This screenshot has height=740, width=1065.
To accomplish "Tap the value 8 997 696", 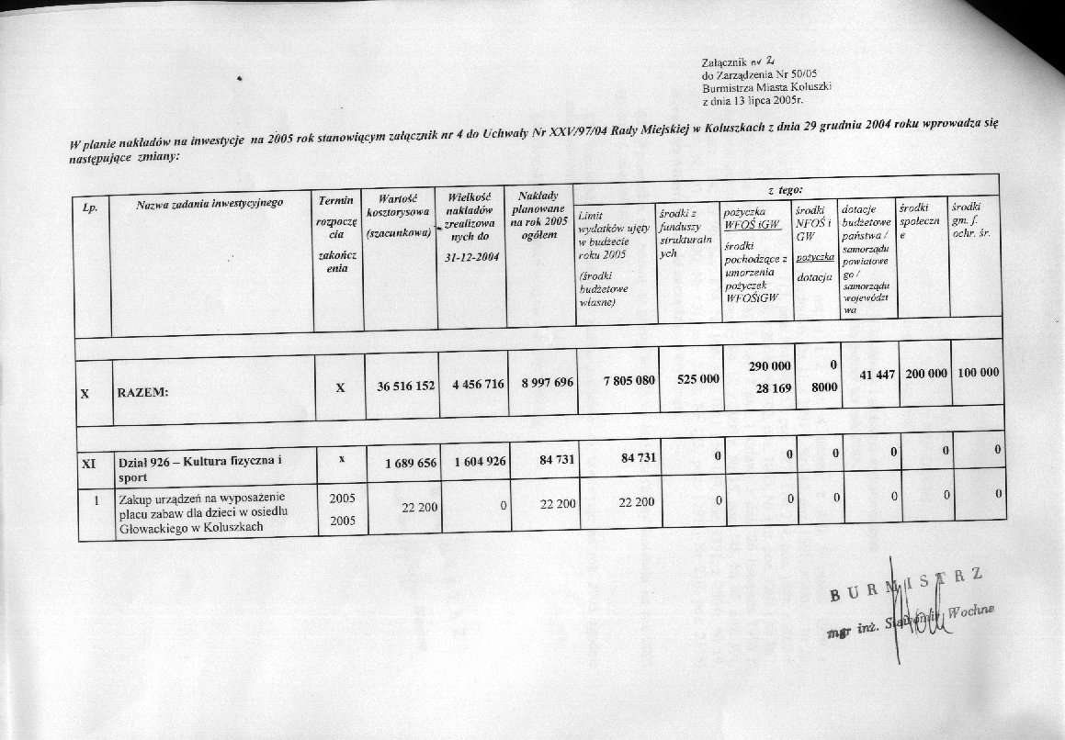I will click(x=542, y=384).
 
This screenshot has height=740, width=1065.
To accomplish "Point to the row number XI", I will click(x=87, y=465).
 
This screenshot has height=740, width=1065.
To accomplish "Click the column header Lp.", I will click(x=90, y=207).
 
